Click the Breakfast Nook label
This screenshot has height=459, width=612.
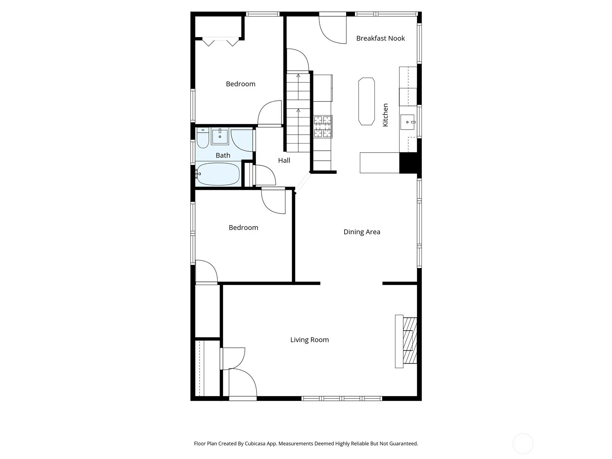pos(380,38)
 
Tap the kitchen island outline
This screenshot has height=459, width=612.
pos(366,101)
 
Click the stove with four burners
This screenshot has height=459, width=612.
pos(323,127)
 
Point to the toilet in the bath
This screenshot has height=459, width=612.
pos(202,138)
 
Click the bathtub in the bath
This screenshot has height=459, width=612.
pos(218,174)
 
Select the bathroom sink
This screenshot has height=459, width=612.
pos(220,137)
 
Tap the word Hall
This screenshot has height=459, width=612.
pos(284,161)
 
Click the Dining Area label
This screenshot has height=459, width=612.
pos(361,232)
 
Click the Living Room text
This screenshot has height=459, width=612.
pos(309,340)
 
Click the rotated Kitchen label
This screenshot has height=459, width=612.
pos(386,115)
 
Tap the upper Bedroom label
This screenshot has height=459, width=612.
pos(240,84)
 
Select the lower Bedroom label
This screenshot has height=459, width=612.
pos(243,228)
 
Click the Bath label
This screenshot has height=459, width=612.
pos(223,155)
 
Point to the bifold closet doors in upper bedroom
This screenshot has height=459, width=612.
pos(220,41)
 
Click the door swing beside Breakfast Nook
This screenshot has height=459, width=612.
pos(332,30)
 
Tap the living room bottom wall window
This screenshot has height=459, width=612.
pos(342,399)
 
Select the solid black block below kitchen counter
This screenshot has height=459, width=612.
pos(408,163)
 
